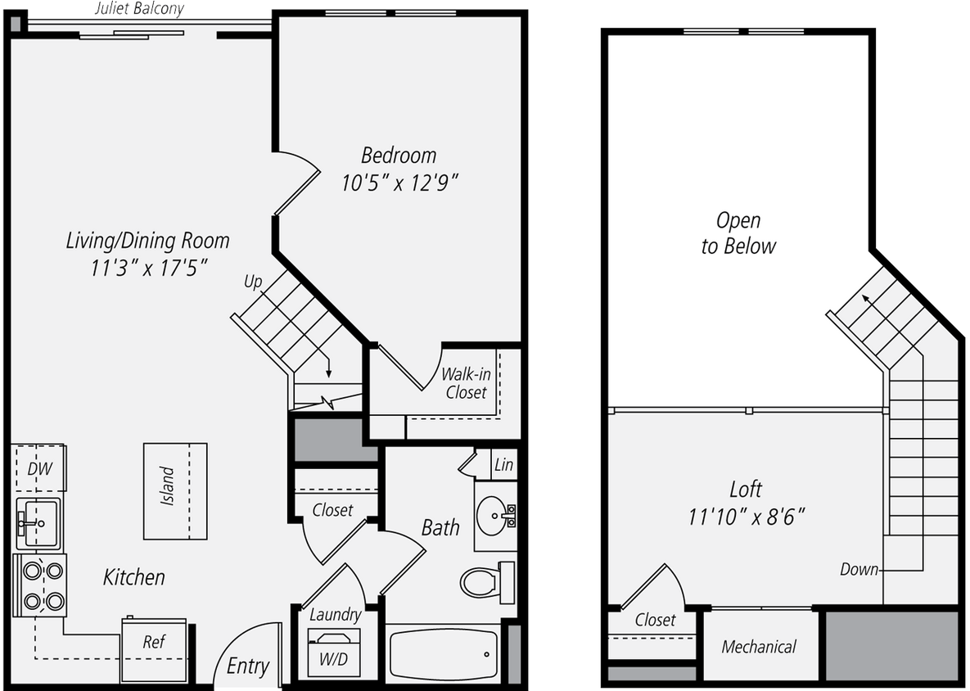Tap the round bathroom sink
[x=494, y=513]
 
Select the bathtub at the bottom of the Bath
[x=443, y=654]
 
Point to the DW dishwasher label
[x=39, y=469]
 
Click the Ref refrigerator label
[x=154, y=642]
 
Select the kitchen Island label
[x=167, y=486]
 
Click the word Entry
[x=247, y=666]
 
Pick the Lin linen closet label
[x=503, y=465]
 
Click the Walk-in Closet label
[x=466, y=383]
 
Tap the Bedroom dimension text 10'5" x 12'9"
[x=399, y=183]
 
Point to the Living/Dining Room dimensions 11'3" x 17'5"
[x=148, y=268]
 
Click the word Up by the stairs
[x=253, y=282]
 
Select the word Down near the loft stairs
[x=859, y=570]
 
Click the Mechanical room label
[x=759, y=647]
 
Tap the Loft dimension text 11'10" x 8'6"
[x=747, y=517]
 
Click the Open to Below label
[x=738, y=233]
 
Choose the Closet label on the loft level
[x=655, y=620]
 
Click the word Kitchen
[x=133, y=577]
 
